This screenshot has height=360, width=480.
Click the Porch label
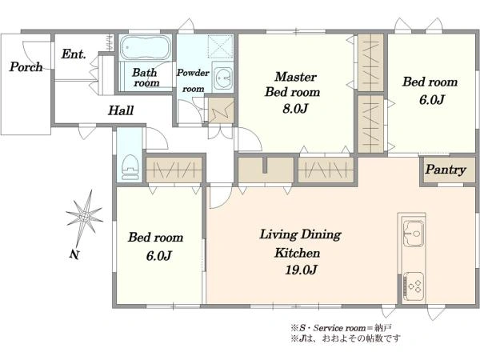point(26,66)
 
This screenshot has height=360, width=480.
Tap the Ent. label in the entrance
point(74,54)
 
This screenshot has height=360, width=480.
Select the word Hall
point(121,110)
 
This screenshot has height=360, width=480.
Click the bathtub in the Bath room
point(145,47)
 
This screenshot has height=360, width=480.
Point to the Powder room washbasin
point(223,78)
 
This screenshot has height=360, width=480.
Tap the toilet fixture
point(130,168)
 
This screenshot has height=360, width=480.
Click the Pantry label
point(446,170)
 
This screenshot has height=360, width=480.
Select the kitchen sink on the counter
point(414,233)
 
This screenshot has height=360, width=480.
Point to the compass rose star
point(85,217)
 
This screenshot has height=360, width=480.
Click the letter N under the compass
point(74,254)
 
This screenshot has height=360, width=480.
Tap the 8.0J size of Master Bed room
point(294,108)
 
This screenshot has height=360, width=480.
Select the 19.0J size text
point(302,270)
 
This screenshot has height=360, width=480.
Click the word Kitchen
point(298,253)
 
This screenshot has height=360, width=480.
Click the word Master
point(295,77)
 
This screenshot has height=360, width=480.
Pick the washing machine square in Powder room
point(221,46)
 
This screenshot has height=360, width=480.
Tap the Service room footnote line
point(341,328)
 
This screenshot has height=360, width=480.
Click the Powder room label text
point(193,81)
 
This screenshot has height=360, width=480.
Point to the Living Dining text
point(300,235)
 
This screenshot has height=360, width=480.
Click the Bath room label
point(146,78)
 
